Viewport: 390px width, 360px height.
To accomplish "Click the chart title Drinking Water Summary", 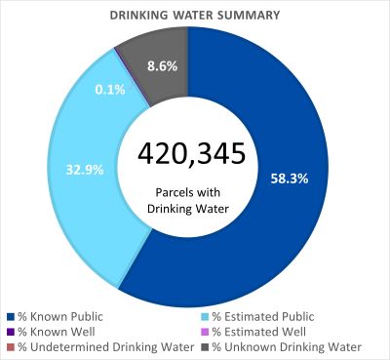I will (195, 16).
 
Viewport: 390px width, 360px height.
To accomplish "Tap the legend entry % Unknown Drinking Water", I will (286, 346).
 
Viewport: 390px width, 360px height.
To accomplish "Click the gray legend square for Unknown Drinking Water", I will (205, 346).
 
